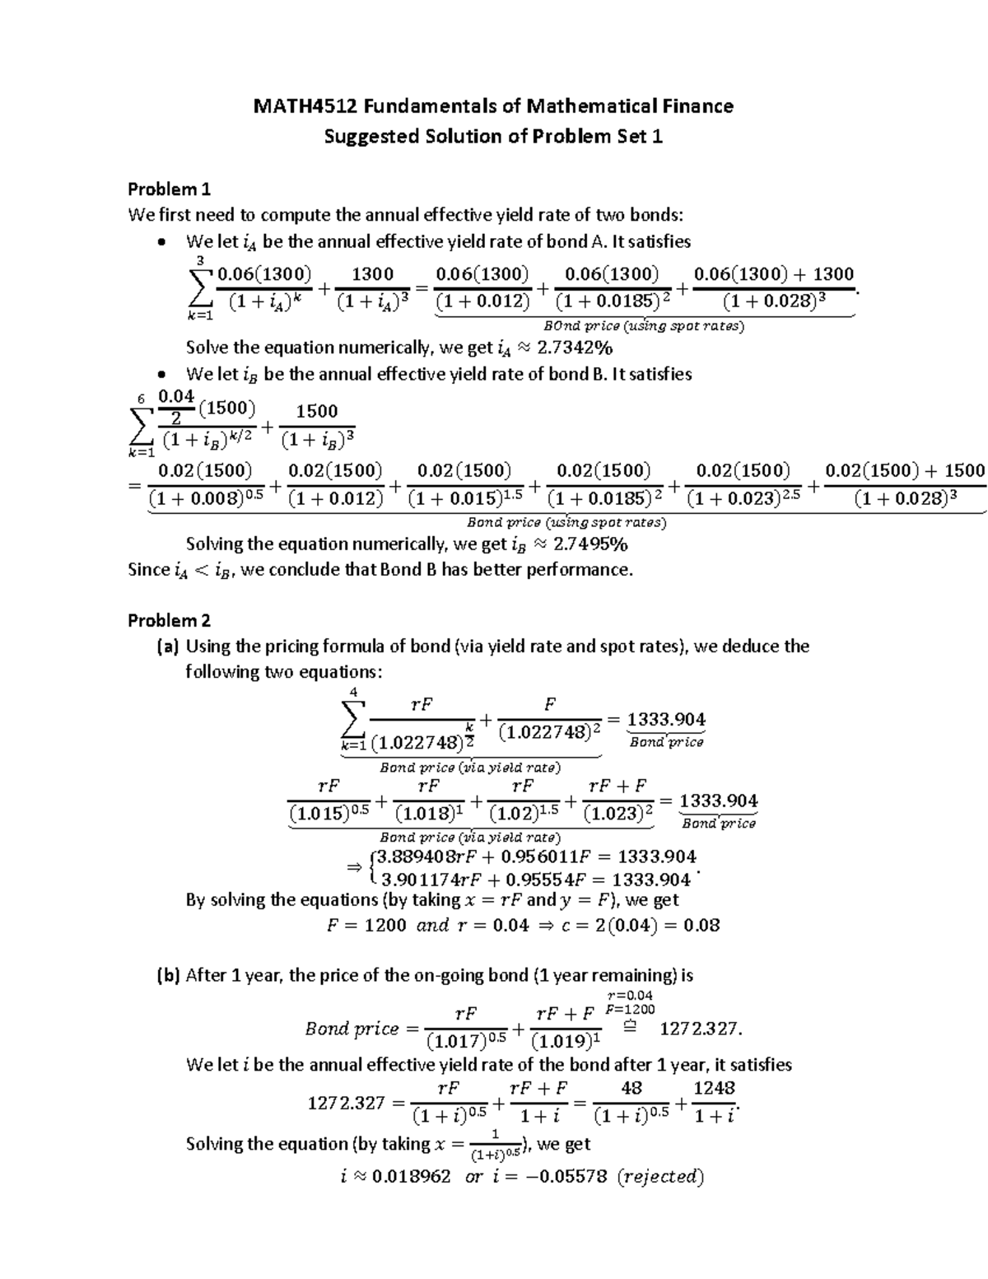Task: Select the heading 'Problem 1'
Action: tap(170, 189)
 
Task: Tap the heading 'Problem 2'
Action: tap(170, 620)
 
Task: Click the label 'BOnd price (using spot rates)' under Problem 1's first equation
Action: tap(645, 326)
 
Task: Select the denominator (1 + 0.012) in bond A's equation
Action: tap(482, 301)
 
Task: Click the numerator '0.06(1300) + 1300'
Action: tap(774, 274)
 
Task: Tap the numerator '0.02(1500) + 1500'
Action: tap(905, 471)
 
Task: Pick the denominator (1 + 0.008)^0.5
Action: tap(206, 498)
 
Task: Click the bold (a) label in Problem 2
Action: tap(168, 647)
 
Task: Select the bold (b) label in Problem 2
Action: tap(168, 976)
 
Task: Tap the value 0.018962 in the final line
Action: tap(412, 1176)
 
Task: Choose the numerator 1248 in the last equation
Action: tap(714, 1089)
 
